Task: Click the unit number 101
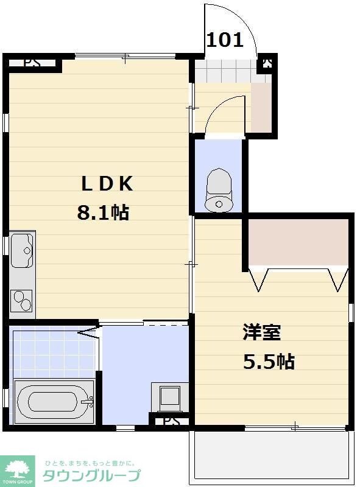224,40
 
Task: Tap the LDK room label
107,184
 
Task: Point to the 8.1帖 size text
103,212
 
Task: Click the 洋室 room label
262,332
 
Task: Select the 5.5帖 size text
269,361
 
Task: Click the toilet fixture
219,190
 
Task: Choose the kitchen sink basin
22,250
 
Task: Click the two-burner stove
22,301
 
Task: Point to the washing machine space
170,398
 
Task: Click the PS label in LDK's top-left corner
32,63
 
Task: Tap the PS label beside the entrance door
267,63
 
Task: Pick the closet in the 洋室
297,242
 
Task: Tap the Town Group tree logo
17,471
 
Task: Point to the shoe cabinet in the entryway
261,107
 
